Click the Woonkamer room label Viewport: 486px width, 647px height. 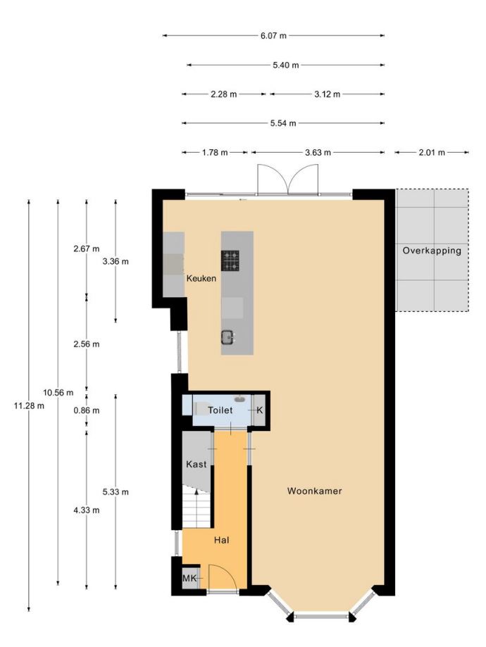click(314, 491)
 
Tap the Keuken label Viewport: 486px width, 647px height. click(201, 279)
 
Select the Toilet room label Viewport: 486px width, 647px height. click(220, 410)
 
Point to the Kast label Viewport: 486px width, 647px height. click(196, 464)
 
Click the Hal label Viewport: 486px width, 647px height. click(221, 540)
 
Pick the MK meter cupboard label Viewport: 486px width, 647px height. click(189, 578)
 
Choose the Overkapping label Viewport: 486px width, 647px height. click(432, 251)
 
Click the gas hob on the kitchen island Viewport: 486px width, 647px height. click(230, 260)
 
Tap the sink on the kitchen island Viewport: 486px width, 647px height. click(228, 337)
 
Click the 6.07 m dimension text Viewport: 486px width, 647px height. click(273, 36)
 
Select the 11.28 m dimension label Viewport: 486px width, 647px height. click(29, 406)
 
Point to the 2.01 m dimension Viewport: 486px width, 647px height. click(432, 153)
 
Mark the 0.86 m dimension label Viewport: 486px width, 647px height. click(87, 410)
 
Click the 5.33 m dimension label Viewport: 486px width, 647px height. click(116, 492)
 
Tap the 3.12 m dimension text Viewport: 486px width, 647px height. click(328, 94)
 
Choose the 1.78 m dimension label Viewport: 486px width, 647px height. click(215, 153)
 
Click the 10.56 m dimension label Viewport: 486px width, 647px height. click(58, 392)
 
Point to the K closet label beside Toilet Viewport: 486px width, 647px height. click(260, 410)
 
